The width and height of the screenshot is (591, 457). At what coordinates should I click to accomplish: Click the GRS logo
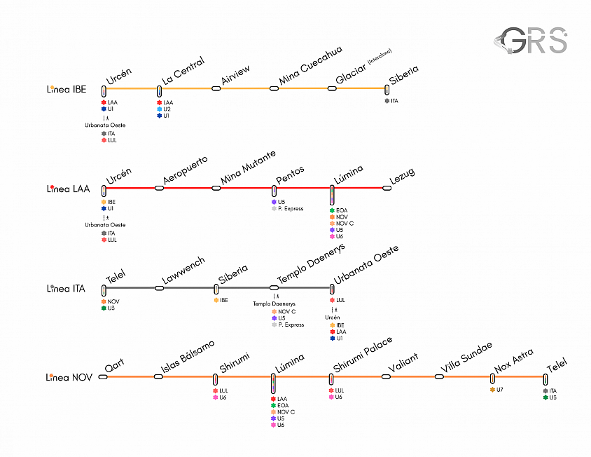pos(531,40)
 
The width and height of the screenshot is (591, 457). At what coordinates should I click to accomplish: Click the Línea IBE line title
pos(67,90)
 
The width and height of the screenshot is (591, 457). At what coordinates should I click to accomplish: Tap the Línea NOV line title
pos(69,377)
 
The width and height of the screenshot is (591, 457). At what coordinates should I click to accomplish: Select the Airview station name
pos(235,75)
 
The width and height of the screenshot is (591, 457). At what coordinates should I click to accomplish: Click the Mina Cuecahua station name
pos(310,65)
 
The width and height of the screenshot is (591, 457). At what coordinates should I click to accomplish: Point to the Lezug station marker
pos(387,188)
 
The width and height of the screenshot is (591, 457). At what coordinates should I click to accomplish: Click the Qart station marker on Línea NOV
pos(103,376)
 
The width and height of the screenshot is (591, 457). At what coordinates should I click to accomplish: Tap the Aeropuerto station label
pos(185,170)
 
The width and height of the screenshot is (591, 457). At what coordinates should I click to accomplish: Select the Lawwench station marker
pos(160,288)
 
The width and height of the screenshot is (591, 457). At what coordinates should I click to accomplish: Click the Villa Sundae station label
pos(466,357)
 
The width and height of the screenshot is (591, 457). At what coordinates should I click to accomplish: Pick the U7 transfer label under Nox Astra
pos(496,390)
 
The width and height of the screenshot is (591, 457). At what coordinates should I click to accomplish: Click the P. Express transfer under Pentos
pos(288,209)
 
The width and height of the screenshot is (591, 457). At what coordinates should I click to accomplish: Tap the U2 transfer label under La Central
pos(164,109)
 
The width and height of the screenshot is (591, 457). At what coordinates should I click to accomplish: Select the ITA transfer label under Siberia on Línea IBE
pos(391,101)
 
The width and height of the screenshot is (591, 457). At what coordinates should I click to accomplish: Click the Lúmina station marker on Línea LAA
pos(332,195)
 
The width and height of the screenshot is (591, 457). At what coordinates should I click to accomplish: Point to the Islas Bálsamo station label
pos(188,357)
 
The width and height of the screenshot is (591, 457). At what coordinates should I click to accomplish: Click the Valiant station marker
pos(386,376)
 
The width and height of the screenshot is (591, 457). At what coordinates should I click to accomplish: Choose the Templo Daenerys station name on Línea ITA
pos(311,264)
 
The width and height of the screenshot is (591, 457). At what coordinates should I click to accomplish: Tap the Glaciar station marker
pos(332,89)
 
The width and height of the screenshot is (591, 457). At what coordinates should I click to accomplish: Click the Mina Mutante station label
pos(248,168)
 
